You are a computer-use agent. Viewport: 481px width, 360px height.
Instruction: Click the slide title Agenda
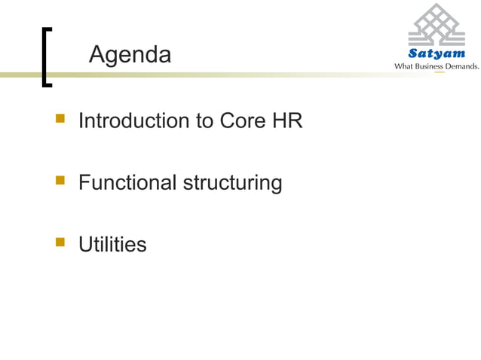point(130,55)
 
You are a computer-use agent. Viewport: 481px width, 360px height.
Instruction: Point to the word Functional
point(127,182)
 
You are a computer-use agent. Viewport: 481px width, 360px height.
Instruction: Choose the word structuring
point(232,183)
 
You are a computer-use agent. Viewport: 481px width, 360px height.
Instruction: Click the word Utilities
point(112,244)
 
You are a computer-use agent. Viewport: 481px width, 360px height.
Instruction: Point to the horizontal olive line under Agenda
point(226,75)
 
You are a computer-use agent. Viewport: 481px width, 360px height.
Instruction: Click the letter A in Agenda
point(96,55)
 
